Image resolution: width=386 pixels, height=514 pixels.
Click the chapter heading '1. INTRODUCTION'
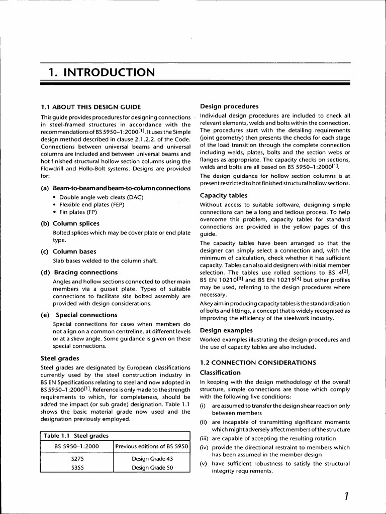[102, 73]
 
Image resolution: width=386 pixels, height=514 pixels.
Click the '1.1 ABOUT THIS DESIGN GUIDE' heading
[90, 107]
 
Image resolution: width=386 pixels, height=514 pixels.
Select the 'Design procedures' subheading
[229, 106]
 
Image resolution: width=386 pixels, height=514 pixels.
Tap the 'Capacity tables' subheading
[224, 195]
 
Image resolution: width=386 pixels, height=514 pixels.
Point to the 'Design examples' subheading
[226, 330]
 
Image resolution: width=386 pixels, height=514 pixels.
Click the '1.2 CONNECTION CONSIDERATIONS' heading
[258, 362]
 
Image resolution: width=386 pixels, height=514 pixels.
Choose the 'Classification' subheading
[220, 372]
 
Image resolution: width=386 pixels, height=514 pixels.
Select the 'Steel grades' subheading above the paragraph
[60, 358]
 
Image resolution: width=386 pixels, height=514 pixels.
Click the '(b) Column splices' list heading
[70, 223]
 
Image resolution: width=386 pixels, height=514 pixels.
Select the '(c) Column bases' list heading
[68, 251]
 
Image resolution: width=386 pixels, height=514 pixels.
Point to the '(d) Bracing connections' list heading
[79, 272]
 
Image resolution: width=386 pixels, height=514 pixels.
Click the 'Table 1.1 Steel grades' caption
[76, 436]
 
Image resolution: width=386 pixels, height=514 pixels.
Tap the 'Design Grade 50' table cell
[152, 467]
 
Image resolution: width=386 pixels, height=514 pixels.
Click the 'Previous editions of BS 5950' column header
[152, 446]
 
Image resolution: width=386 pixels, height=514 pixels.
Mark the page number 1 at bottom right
[347, 496]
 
